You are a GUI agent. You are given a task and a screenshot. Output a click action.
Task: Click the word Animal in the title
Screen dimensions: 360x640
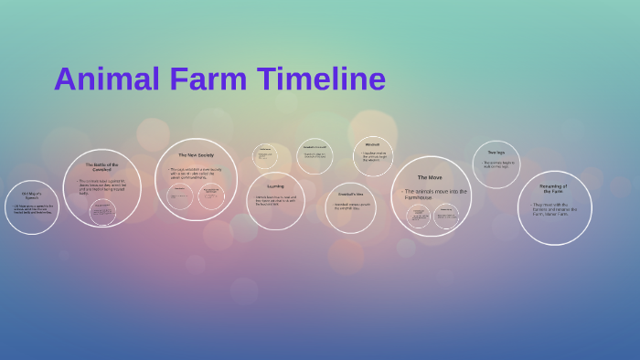pos(107,79)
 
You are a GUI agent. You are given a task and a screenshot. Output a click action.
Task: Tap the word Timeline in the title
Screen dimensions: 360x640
pos(321,79)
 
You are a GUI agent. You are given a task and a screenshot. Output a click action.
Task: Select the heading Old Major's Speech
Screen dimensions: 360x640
pos(31,196)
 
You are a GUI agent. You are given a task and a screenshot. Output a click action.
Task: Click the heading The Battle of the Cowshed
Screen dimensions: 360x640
pos(101,167)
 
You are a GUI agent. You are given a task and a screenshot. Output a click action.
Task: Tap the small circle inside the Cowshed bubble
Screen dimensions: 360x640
pos(102,212)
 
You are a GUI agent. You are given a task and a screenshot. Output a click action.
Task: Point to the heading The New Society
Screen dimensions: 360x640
pos(196,155)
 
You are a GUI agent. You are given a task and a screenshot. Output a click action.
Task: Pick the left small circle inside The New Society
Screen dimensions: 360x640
pos(179,196)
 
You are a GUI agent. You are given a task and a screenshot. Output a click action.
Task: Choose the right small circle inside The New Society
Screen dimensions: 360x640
pos(211,196)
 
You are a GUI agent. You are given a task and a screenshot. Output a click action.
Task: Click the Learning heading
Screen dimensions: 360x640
pos(275,186)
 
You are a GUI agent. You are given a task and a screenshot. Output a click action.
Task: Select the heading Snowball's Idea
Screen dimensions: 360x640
pos(350,194)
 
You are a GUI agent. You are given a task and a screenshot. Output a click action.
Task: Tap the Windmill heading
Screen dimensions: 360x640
pos(372,144)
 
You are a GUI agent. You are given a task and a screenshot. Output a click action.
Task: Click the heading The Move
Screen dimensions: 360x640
pos(430,177)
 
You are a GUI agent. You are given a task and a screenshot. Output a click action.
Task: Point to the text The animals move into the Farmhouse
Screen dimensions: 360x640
pos(435,194)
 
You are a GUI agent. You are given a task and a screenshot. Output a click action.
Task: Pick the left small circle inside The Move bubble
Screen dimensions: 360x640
pos(418,216)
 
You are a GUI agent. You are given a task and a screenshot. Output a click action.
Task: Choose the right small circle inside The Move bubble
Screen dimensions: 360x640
pos(445,216)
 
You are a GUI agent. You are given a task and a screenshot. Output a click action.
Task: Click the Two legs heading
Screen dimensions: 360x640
pos(496,153)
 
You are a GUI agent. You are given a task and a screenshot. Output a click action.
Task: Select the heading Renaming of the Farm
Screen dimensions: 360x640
pos(554,188)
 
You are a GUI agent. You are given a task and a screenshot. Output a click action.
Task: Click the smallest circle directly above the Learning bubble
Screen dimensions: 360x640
pos(265,155)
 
